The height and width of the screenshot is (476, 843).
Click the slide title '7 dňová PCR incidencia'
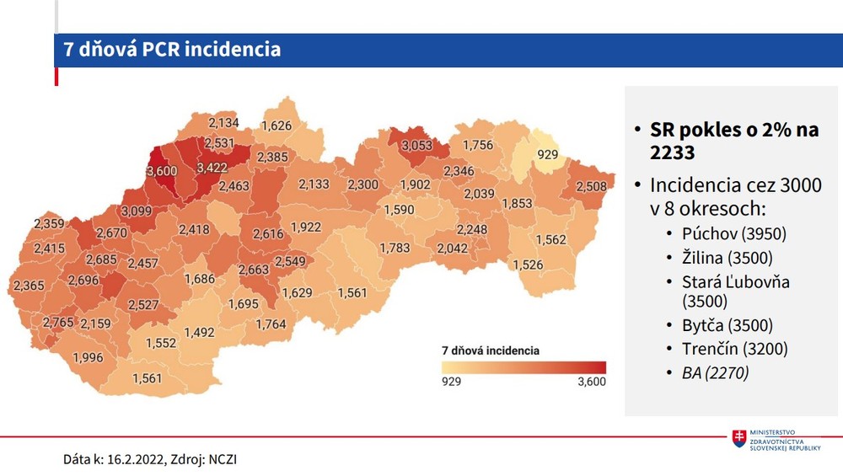click(172, 50)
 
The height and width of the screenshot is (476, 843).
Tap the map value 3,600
click(162, 171)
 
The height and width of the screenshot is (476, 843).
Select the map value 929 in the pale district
click(548, 154)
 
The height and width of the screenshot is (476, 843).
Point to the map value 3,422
click(212, 168)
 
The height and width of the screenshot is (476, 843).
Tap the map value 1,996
click(87, 357)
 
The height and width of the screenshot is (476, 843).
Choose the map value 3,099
click(137, 210)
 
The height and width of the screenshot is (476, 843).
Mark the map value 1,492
click(199, 332)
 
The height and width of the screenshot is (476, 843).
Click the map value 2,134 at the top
click(223, 123)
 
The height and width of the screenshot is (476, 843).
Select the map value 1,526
click(528, 265)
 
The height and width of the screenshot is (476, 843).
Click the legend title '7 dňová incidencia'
click(490, 349)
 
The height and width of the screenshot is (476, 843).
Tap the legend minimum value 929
click(451, 382)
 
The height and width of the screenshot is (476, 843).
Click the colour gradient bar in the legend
click(523, 367)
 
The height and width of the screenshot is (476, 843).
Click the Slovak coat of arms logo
click(739, 439)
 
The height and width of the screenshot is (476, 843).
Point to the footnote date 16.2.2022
click(135, 459)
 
